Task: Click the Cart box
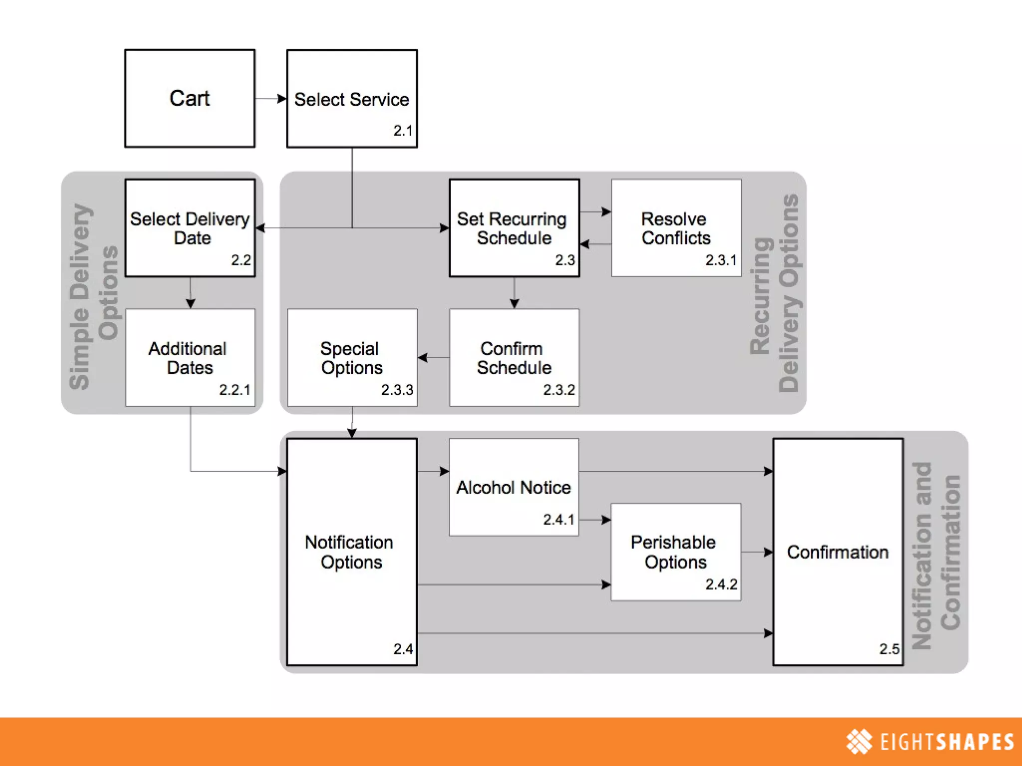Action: point(190,98)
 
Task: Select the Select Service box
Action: point(352,98)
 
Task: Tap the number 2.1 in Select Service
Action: point(403,131)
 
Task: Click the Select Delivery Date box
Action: point(190,228)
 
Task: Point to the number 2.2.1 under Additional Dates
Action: point(235,390)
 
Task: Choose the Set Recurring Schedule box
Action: point(514,228)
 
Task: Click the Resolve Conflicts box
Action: point(676,228)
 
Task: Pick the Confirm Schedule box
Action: point(514,358)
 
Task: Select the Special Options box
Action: point(352,358)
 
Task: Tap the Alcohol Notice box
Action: point(514,487)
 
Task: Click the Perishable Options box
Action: point(676,552)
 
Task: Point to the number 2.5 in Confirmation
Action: point(889,649)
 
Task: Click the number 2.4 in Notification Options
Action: point(403,649)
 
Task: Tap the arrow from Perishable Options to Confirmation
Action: point(757,552)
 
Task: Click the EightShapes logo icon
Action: point(859,742)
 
